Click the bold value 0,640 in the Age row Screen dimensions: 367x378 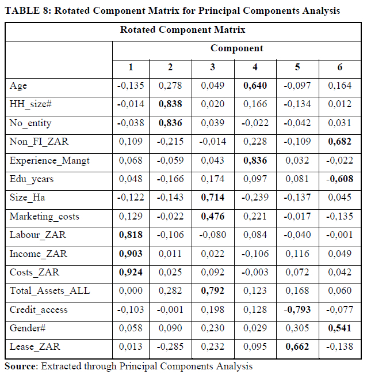(255, 86)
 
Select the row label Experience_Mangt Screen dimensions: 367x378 (49, 161)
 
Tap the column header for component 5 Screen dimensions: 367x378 (297, 67)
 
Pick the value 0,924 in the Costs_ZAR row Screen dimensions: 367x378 (131, 272)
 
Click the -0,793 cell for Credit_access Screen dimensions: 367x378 (297, 309)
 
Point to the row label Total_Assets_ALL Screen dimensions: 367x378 (50, 291)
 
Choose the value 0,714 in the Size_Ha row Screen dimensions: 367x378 (213, 198)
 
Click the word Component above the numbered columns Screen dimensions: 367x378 (237, 48)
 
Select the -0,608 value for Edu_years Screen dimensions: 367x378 (339, 179)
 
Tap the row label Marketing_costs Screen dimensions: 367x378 (44, 217)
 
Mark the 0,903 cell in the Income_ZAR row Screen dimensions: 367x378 (131, 254)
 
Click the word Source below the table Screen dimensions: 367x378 (20, 366)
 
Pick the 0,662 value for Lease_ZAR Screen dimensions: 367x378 (297, 347)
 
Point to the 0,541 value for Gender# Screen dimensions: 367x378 (339, 328)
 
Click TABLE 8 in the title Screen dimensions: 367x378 (28, 10)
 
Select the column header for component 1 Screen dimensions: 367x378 (131, 67)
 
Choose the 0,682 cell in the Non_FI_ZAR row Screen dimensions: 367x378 (339, 142)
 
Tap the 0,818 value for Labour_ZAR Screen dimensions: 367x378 (131, 235)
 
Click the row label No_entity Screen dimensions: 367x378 (30, 123)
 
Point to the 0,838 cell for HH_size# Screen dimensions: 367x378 (170, 104)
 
